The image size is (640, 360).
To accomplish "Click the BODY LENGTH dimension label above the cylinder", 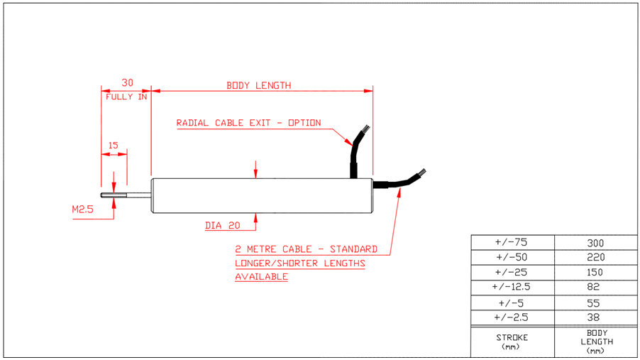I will (258, 85).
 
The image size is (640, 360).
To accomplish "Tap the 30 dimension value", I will (127, 82).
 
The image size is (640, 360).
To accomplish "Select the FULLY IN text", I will (126, 97).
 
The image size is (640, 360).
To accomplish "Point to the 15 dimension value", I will (114, 145).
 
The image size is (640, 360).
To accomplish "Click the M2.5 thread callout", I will (83, 209).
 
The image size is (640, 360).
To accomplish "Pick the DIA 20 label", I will (223, 226).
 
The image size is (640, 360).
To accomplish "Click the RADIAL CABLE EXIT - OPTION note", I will (248, 123).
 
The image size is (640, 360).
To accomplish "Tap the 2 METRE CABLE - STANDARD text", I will (306, 249).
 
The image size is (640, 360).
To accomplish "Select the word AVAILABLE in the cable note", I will (261, 276).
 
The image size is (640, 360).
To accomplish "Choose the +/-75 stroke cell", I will (512, 242).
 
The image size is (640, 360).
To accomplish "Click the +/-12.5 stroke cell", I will (512, 287).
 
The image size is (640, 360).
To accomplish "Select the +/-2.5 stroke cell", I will (512, 317).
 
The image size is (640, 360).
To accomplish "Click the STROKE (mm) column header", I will (512, 342).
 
